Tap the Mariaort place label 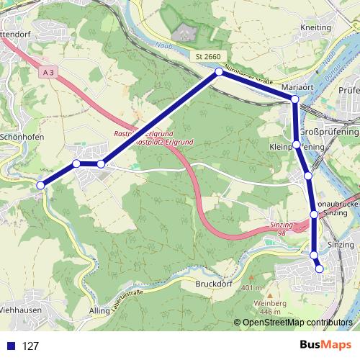coord(297,87)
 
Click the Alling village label coord(99,310)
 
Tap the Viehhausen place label coord(19,310)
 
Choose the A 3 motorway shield coord(48,73)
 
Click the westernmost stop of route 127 coord(40,185)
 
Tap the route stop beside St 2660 coord(219,72)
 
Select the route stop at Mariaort coord(294,99)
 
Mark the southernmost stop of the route coord(320,269)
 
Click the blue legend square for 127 coord(11,346)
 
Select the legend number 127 coord(30,346)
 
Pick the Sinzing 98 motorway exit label coord(282,228)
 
